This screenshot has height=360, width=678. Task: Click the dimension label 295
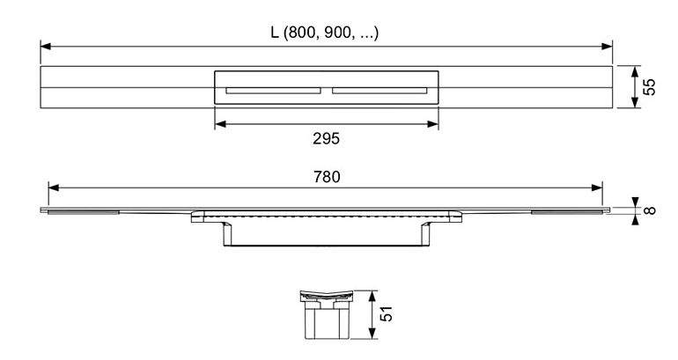(327, 139)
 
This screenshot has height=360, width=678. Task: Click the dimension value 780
(327, 177)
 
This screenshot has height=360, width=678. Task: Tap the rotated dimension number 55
(649, 86)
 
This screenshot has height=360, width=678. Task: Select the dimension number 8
(650, 210)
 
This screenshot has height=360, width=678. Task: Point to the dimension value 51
(386, 313)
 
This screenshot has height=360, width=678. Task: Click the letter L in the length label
(274, 33)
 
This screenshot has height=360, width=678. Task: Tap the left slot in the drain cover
(273, 91)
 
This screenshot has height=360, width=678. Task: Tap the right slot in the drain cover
(380, 91)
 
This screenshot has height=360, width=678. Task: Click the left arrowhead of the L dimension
(46, 47)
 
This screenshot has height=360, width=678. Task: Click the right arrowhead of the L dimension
(607, 47)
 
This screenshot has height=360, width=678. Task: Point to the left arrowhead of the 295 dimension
(220, 124)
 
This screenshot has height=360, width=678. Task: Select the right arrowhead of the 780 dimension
(597, 187)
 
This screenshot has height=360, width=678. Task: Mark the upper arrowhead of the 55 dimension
(635, 72)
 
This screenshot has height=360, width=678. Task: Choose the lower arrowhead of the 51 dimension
(372, 334)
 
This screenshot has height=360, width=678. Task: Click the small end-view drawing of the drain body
(327, 314)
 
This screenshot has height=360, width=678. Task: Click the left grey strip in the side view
(83, 212)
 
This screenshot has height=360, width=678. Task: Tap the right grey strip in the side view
(566, 212)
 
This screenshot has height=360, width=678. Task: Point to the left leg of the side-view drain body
(227, 234)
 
